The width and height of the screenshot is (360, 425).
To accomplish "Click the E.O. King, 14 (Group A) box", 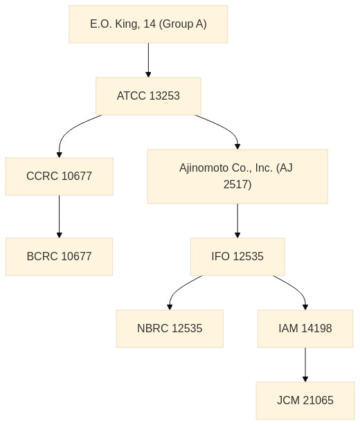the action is pos(148,24).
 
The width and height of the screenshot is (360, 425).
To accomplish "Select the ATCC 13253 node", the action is pos(148,96).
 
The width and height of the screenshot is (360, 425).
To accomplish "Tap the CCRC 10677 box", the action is pos(59,177).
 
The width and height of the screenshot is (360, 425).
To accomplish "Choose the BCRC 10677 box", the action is pos(59,257).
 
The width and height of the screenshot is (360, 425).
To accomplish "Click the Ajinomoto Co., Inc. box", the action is pos(237,177).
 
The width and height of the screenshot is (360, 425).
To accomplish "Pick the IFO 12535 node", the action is pos(237,257).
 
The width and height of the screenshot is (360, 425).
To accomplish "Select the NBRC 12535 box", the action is pos(170,329).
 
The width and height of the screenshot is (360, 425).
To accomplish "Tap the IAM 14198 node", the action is pos(305,329).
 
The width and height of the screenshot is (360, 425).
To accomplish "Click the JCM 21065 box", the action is pos(305,401).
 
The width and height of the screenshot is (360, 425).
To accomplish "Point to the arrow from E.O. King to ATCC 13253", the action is pos(148,60).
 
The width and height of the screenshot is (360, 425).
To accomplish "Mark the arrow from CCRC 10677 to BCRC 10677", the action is pos(59,217).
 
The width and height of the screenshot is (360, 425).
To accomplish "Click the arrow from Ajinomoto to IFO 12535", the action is pos(237,221).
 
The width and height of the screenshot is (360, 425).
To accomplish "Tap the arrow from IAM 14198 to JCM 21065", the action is pos(305,365).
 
